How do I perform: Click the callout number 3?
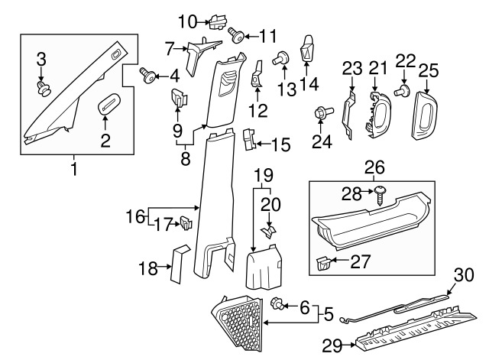tap(42, 58)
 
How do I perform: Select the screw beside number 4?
tap(147, 74)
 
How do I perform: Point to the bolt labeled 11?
tap(237, 34)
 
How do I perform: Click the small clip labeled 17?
tap(184, 223)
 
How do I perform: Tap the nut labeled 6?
tap(279, 306)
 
